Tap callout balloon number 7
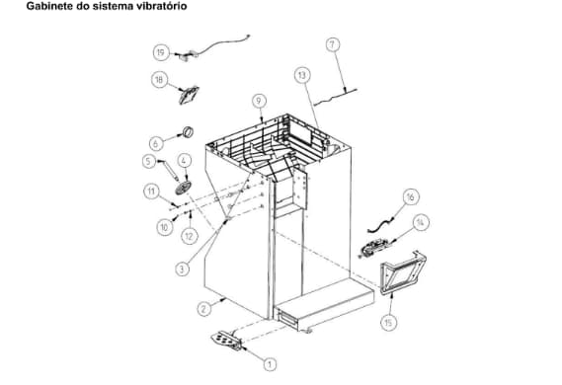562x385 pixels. point(332,44)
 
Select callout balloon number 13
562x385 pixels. point(301,74)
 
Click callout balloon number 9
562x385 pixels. point(259,101)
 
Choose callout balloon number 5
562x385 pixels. point(149,161)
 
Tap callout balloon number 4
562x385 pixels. point(184,160)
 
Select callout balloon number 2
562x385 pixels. point(203,308)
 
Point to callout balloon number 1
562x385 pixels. point(269,363)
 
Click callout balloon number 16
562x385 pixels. point(410,196)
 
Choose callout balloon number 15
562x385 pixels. point(387,321)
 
